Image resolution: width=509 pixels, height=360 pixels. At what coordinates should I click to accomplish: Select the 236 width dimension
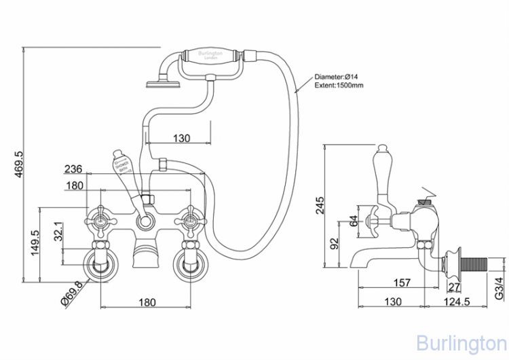pos(75,169)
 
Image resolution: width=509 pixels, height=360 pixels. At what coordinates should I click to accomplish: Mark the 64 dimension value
pos(354,220)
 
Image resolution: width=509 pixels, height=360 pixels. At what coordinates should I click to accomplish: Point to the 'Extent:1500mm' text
pos(339,86)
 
